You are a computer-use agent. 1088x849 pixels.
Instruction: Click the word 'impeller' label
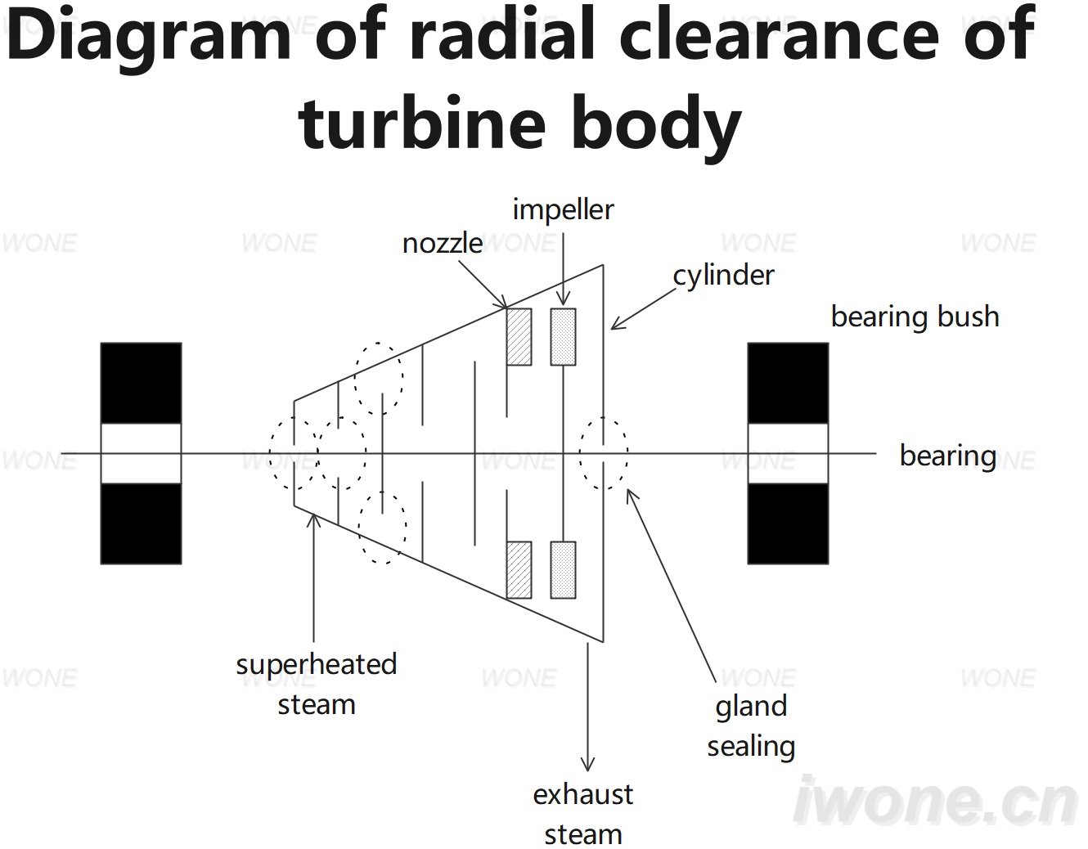tap(563, 210)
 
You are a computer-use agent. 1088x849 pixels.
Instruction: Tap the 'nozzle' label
tap(443, 245)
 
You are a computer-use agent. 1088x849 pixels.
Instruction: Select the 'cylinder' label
tap(723, 276)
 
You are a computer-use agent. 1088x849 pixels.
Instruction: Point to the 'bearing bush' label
tap(915, 317)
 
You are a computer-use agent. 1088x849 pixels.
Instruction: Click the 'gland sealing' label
tap(751, 726)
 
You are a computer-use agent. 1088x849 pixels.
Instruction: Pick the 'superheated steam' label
tap(317, 685)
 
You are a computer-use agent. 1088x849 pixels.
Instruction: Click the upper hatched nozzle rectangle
tap(519, 337)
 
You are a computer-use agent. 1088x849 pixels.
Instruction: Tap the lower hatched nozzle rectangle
tap(519, 570)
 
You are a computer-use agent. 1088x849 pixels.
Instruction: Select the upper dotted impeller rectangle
tap(564, 337)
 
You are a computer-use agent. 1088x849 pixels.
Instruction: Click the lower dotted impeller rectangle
tap(564, 570)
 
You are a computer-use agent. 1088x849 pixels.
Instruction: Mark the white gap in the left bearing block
tap(142, 453)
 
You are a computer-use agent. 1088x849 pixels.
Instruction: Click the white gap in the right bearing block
tap(788, 453)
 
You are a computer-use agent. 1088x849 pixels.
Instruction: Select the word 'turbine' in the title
tap(421, 124)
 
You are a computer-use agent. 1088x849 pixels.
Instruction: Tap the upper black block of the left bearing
tap(142, 384)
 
